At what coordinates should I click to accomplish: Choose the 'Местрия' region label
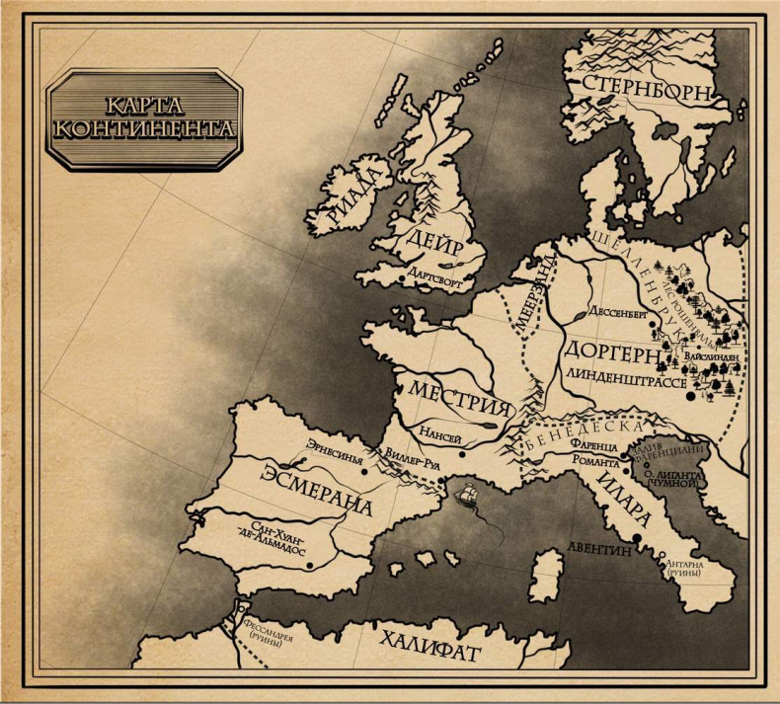click(461, 398)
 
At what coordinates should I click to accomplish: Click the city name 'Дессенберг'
click(617, 307)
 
